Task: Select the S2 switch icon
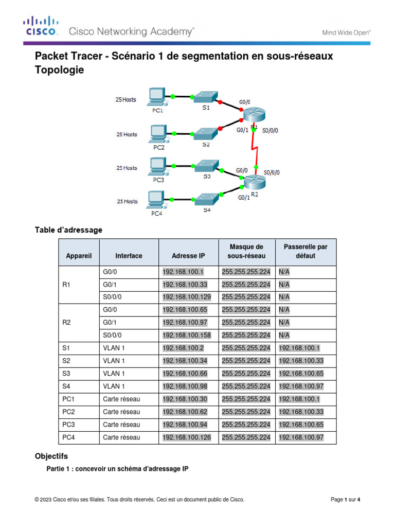[x=205, y=134]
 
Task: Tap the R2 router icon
[x=254, y=182]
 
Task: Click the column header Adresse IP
[x=188, y=255]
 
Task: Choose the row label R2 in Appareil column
[x=66, y=323]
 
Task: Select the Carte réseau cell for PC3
[x=121, y=425]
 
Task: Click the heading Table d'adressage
[x=68, y=230]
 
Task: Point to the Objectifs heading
[x=51, y=456]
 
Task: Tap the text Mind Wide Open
[x=346, y=32]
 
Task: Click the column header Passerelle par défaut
[x=306, y=251]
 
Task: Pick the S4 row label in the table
[x=66, y=386]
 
